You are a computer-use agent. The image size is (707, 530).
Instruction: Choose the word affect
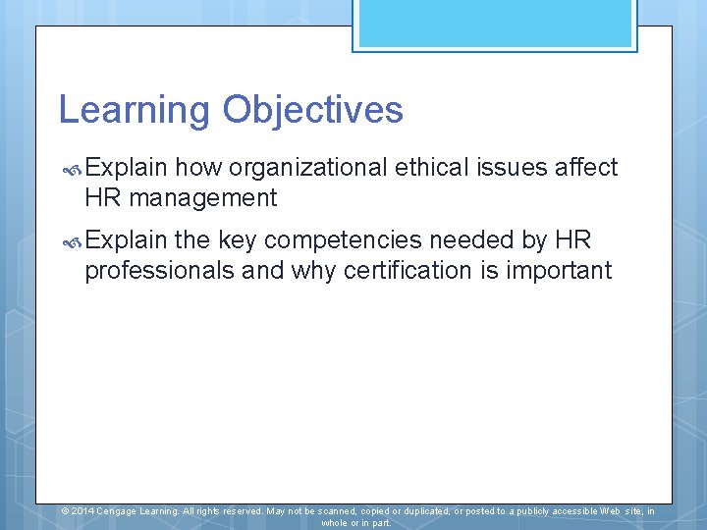click(586, 168)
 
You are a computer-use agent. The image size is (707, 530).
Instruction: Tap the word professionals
click(160, 271)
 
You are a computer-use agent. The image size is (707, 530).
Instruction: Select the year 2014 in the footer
click(82, 511)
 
